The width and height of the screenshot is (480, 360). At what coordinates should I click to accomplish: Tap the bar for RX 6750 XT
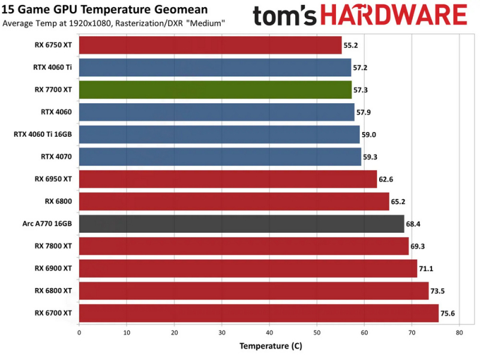pos(210,45)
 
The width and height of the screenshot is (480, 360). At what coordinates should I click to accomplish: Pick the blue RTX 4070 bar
pos(220,157)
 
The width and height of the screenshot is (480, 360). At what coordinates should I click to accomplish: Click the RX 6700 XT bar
pos(258,313)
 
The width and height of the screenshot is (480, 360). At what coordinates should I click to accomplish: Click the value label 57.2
pos(361,68)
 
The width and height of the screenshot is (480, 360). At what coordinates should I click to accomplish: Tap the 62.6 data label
pos(386,179)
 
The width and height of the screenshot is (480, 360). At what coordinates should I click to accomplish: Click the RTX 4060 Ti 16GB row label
pos(43,134)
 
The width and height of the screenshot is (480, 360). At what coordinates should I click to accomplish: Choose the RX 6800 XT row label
pos(53,290)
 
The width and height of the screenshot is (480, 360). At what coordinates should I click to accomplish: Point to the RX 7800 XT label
pos(53,246)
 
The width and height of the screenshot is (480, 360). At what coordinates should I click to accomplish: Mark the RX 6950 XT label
pos(53,179)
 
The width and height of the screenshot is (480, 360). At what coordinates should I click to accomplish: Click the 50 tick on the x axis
pos(316,332)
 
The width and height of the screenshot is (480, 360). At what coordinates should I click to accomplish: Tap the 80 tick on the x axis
pos(459,332)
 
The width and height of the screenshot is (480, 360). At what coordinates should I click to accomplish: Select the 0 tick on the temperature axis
pos(79,332)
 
